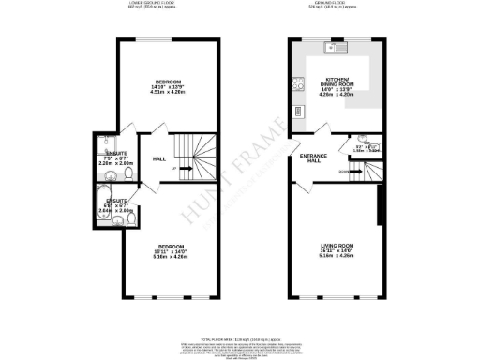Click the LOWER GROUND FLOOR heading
click(x=154, y=4)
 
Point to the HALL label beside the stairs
click(x=159, y=158)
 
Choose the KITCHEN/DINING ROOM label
click(x=335, y=87)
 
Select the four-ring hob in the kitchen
click(x=300, y=83)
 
